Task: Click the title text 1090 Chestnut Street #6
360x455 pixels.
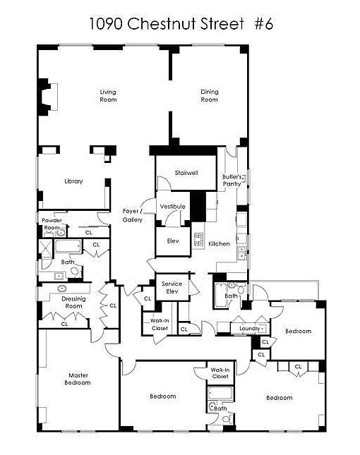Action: coord(180,23)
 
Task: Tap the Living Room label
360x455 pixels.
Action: coord(108,96)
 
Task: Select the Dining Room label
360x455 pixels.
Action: coord(210,96)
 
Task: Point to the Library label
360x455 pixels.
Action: coord(73,181)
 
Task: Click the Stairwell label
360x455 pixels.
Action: coord(186,171)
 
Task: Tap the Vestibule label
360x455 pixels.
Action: coord(172,206)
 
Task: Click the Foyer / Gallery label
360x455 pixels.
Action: coord(133,215)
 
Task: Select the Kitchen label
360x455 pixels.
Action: coord(219,243)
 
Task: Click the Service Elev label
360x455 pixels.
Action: coord(172,287)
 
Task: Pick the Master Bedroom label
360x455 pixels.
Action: coord(79,379)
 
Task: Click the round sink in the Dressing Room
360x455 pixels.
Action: coord(62,289)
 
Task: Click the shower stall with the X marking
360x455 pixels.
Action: coord(47,247)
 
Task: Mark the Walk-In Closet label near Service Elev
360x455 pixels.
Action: coord(160,324)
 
